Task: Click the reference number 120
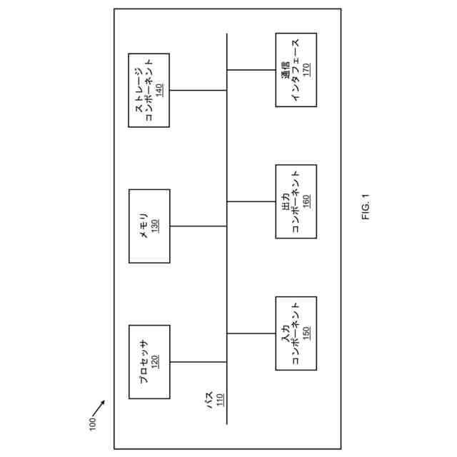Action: tap(154, 361)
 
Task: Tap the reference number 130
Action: tap(154, 226)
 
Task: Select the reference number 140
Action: tap(160, 90)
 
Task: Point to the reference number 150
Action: tap(306, 333)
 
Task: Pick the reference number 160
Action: tap(306, 201)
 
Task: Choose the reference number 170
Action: tap(306, 70)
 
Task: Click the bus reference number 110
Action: tap(220, 399)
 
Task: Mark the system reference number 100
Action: tap(91, 423)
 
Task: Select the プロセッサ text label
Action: tap(143, 361)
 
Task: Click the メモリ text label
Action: tap(143, 226)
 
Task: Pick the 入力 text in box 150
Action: tap(285, 333)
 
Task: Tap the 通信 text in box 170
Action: tap(285, 70)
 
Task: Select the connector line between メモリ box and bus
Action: tap(199, 226)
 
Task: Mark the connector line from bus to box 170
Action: tap(251, 70)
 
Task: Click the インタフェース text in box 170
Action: tap(296, 70)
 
